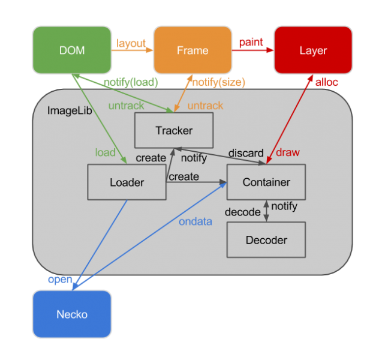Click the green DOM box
pos(72,50)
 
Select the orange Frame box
pos(192,50)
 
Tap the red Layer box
pos(313,50)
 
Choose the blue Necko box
pos(72,314)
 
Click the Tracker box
pos(174,130)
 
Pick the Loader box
pos(127,182)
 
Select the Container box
pos(266,182)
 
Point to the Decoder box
pos(266,240)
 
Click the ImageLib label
pos(70,111)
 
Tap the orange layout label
pos(131,43)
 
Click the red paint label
pos(251,42)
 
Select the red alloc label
pos(327,82)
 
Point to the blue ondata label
pos(195,221)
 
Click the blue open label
pos(60,280)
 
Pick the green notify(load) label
pos(131,82)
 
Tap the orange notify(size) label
pos(219,82)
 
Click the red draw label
pos(288,152)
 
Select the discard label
pos(246,153)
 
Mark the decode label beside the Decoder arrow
pos(243,212)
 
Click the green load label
pos(106,152)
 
